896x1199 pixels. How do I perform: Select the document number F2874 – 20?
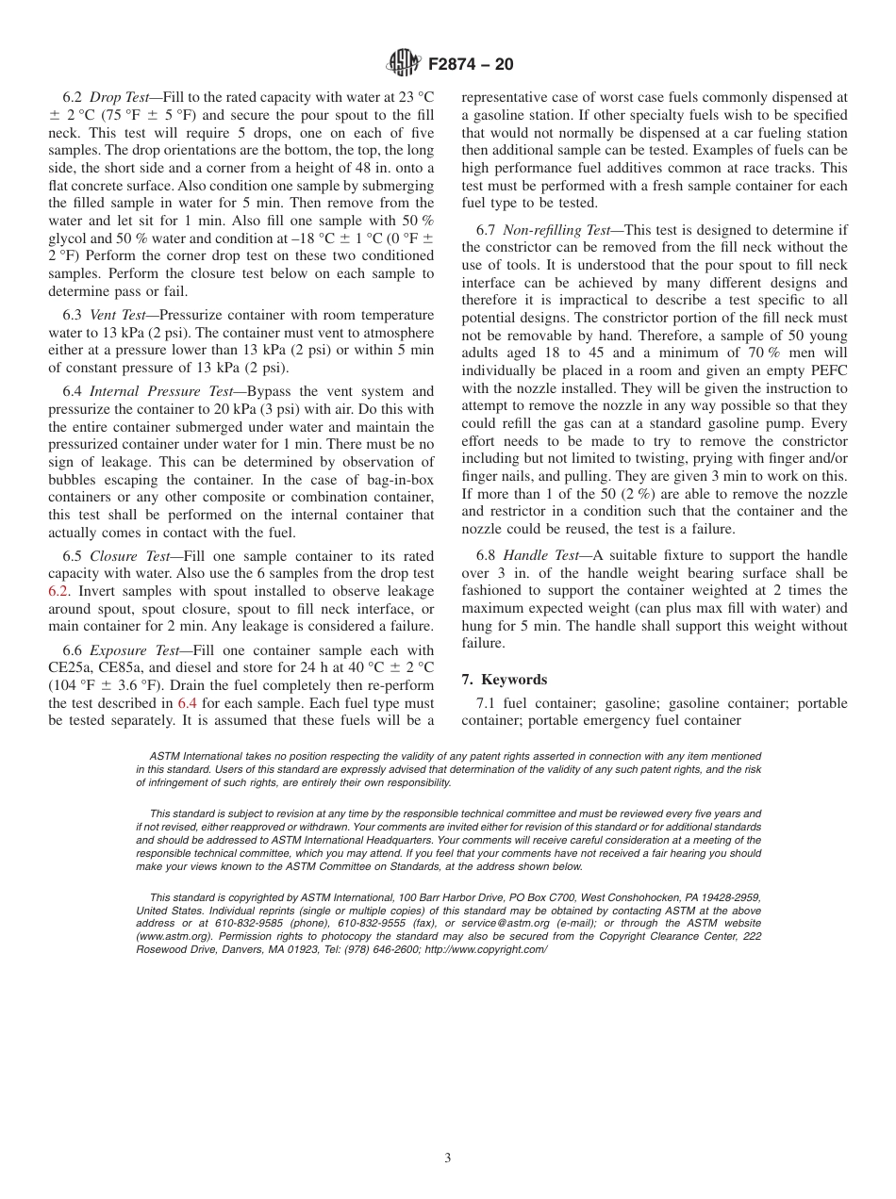click(471, 65)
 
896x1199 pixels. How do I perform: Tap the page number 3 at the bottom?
click(448, 1158)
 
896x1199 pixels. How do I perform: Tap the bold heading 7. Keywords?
click(505, 680)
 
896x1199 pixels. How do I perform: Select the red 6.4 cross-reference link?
click(188, 703)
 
